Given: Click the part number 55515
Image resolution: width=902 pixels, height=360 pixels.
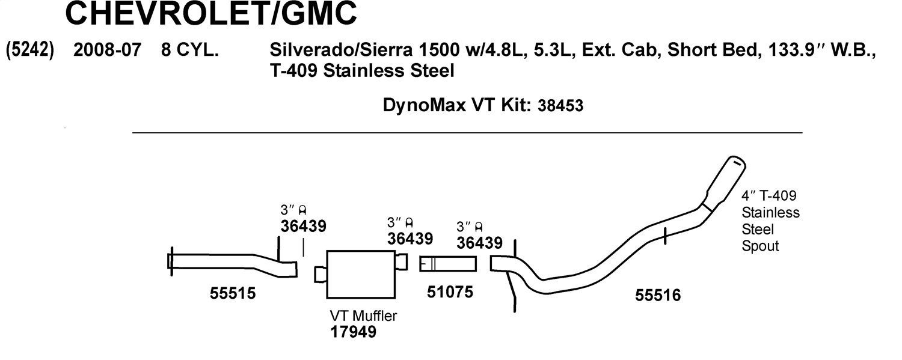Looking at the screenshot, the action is [233, 293].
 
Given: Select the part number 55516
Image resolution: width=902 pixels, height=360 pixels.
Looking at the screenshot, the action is [658, 295].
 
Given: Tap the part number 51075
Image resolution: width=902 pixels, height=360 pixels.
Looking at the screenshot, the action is [450, 292].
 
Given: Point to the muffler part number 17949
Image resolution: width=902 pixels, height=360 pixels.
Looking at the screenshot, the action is [353, 332].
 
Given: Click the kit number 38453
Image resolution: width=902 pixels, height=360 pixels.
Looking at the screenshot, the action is [560, 106].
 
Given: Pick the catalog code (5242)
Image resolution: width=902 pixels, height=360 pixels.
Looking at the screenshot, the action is [30, 50].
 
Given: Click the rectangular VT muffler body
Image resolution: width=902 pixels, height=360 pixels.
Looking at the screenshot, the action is [361, 275].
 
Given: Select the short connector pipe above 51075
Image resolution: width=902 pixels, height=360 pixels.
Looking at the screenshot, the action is [448, 264].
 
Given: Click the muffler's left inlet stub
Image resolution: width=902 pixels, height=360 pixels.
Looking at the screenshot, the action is [321, 275].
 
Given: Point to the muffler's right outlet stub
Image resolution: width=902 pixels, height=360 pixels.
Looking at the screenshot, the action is [402, 262].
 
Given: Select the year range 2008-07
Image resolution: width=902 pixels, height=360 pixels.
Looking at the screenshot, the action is [108, 50].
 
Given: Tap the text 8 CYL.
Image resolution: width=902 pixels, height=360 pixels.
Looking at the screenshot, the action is [190, 50].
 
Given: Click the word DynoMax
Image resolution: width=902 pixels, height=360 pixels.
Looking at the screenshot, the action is [423, 105].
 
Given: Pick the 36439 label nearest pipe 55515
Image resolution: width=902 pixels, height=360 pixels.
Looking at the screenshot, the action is [303, 226].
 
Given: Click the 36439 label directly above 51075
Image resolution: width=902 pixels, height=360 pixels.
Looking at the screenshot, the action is [479, 243].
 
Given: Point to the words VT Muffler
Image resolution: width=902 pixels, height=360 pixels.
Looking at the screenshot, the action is [363, 316].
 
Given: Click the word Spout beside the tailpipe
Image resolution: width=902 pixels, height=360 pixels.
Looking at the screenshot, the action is [760, 246].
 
